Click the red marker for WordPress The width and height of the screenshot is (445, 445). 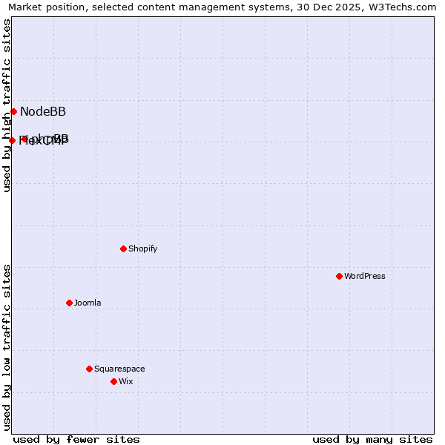click(339, 276)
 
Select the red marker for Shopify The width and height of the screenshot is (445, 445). click(123, 248)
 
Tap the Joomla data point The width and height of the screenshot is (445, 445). click(69, 303)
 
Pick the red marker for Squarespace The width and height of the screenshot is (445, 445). click(89, 369)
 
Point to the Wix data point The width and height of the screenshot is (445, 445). click(113, 381)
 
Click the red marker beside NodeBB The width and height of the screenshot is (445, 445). click(13, 111)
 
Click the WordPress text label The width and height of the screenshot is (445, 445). click(365, 276)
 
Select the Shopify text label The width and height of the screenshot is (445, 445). click(142, 248)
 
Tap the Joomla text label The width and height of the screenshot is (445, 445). click(88, 303)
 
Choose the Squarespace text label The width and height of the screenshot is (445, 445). click(119, 369)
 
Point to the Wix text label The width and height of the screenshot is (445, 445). click(126, 381)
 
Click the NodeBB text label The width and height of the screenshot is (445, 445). click(43, 112)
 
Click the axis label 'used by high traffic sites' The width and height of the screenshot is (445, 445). click(7, 105)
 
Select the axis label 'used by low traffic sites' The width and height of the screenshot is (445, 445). click(7, 346)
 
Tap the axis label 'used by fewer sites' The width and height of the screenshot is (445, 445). click(76, 439)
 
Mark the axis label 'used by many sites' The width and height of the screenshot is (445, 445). click(372, 439)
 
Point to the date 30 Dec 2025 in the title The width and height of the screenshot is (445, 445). click(322, 7)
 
